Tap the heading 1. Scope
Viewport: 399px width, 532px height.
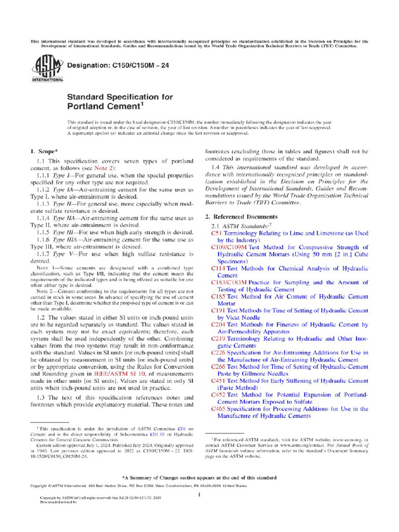tap(45, 151)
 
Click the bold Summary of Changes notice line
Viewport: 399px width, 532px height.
tap(199, 477)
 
